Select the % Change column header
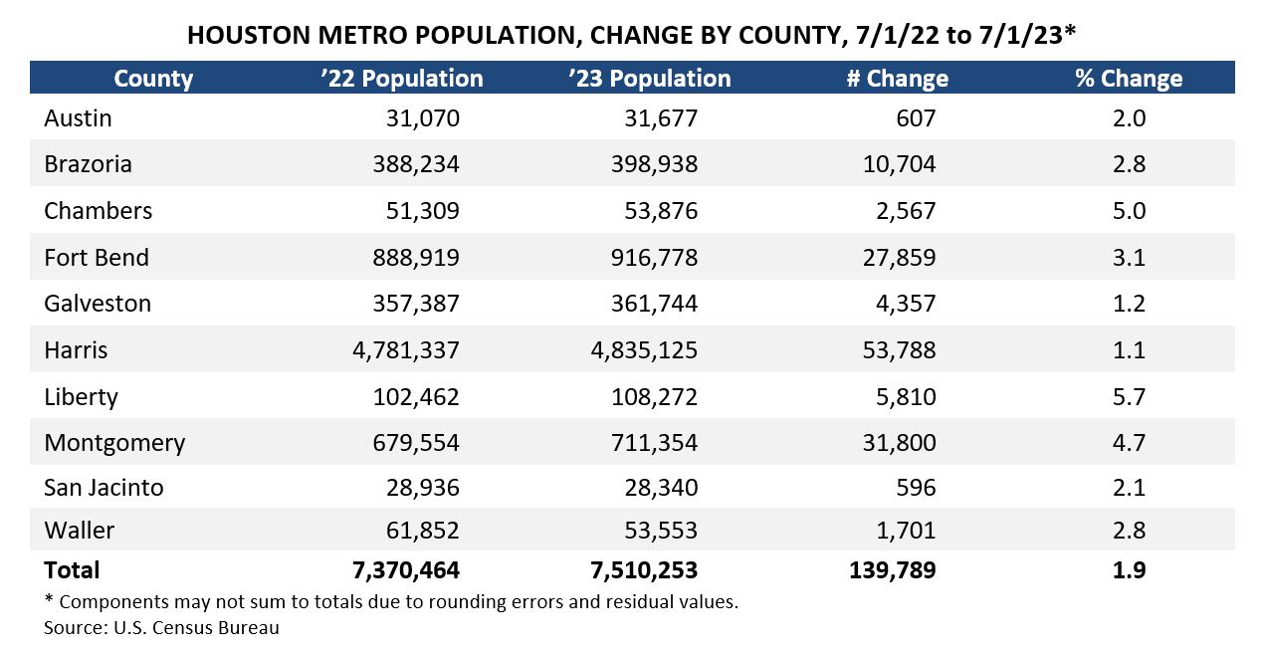[1129, 79]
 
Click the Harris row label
[76, 350]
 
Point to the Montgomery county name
[114, 443]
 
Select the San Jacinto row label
[104, 488]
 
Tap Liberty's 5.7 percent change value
[1129, 397]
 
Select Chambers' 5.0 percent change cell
[1129, 211]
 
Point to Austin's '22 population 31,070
[422, 118]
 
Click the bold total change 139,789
[891, 570]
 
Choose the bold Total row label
[72, 570]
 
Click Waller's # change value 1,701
[906, 531]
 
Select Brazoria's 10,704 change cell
[900, 164]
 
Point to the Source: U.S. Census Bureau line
[161, 628]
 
